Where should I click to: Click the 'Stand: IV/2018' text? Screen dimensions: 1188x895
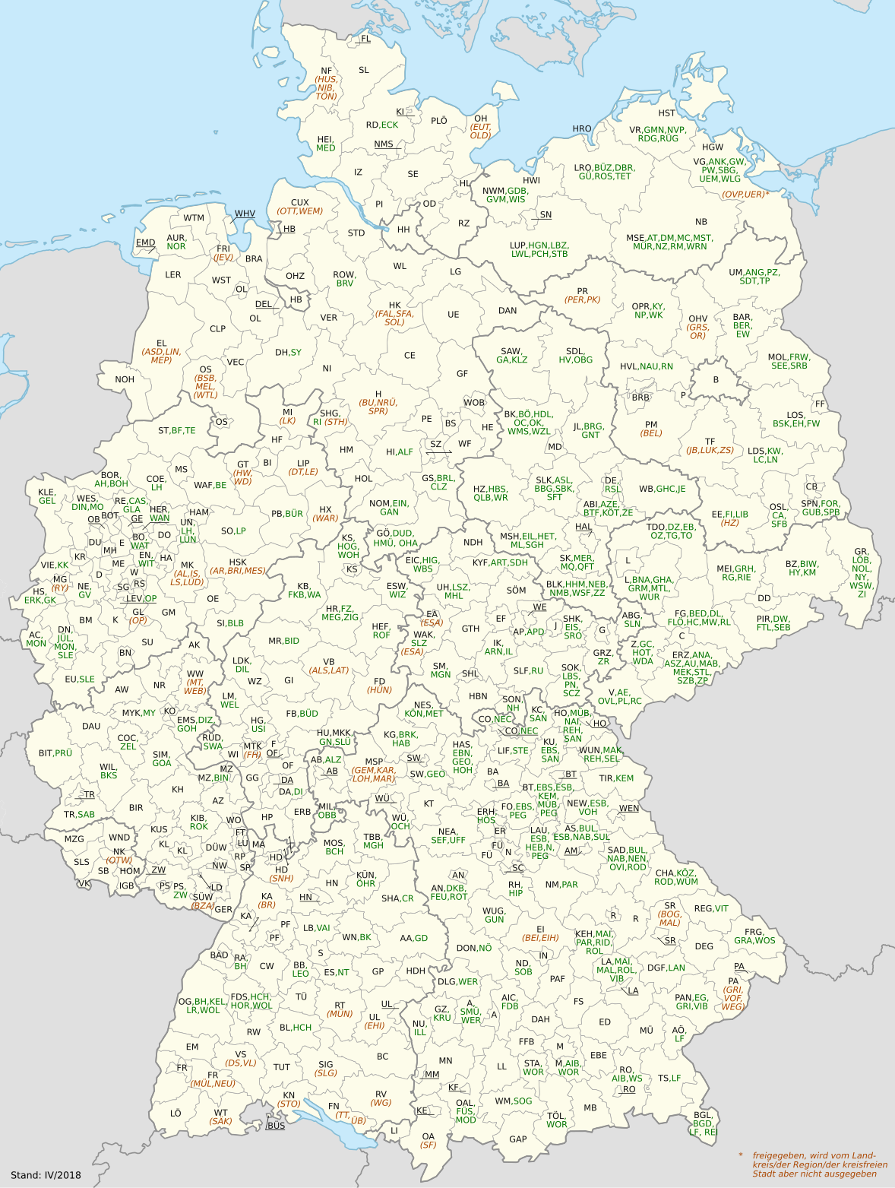pos(46,1175)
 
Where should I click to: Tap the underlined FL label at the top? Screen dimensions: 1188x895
pos(365,39)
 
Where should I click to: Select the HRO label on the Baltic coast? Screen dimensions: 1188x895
pos(582,129)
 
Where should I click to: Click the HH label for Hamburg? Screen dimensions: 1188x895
pos(403,230)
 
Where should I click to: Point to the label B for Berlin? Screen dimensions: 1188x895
pos(715,380)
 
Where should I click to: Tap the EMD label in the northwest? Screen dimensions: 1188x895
pos(146,243)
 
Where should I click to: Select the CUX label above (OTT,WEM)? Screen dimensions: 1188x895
pos(299,203)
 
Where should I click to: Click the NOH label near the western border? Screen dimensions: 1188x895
pos(125,379)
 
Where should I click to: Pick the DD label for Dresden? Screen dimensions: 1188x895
pos(764,598)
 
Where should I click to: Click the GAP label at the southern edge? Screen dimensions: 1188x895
pos(518,1139)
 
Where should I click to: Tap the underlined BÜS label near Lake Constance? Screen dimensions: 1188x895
pos(276,1126)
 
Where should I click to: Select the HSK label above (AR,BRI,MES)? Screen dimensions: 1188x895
pos(237,562)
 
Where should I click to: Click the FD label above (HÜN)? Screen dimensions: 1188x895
pos(379,682)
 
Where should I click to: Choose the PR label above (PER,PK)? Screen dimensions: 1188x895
pos(582,291)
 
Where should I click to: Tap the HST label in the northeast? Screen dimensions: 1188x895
pos(666,113)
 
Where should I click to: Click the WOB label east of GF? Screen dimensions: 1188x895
pos(474,403)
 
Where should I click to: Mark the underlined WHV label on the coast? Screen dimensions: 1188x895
pos(245,214)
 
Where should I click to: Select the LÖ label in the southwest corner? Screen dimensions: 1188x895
pos(176,1113)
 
